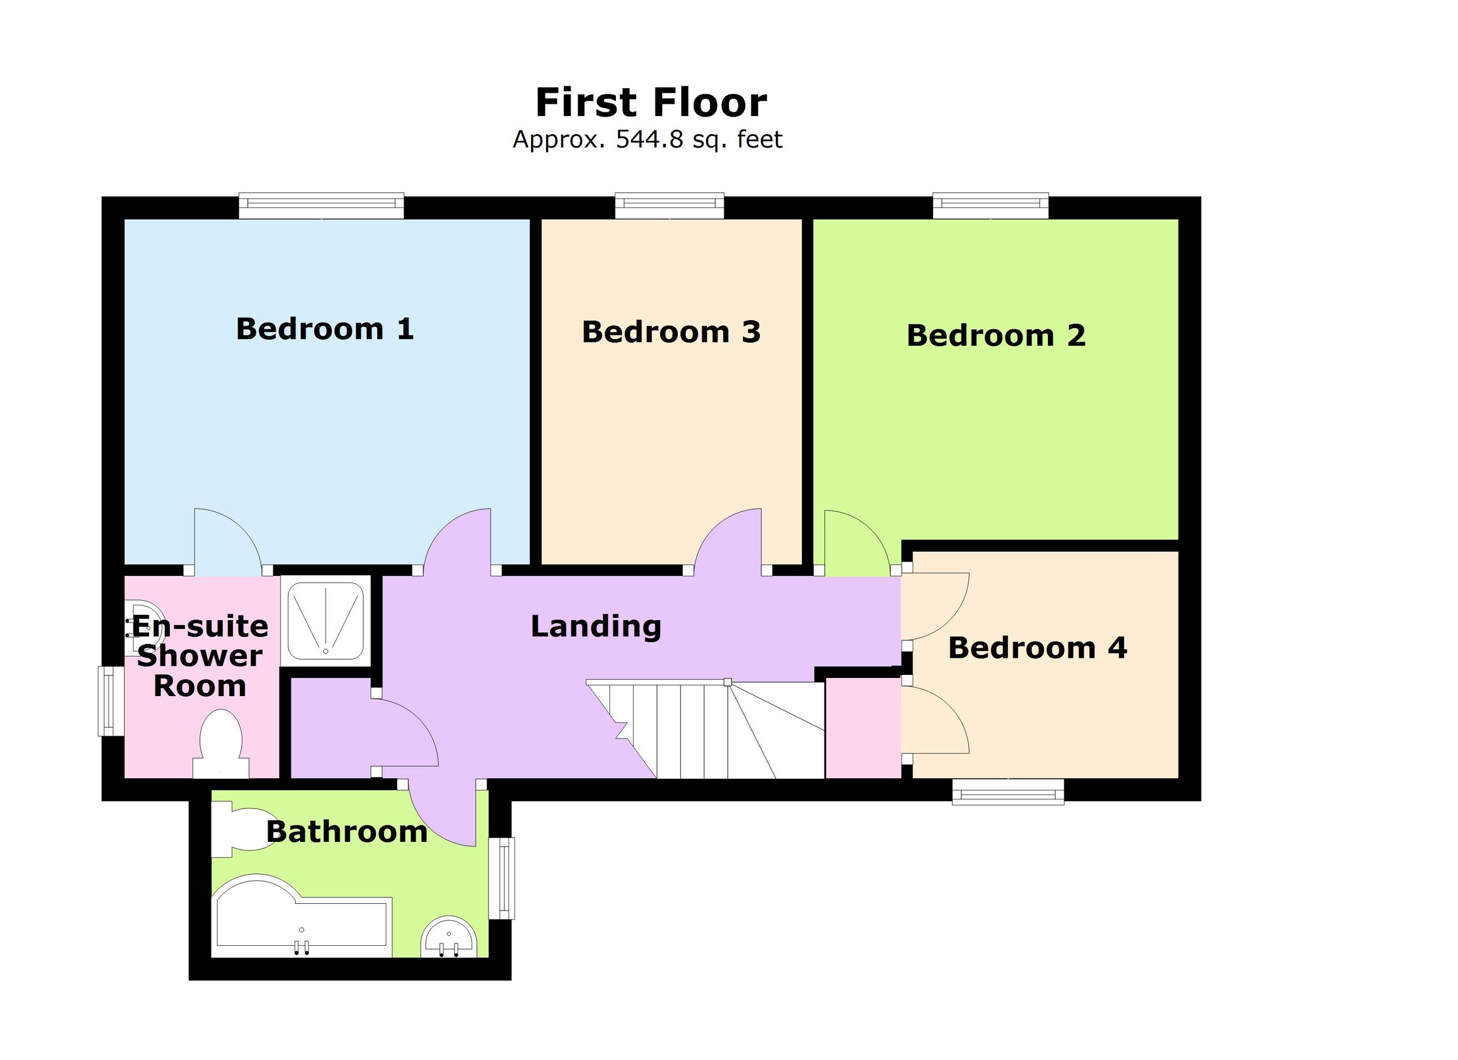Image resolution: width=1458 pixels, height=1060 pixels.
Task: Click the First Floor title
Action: tap(651, 103)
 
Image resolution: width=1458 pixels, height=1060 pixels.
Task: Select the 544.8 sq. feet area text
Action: tap(648, 140)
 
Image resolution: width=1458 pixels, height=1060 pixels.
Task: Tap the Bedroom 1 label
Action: tap(324, 329)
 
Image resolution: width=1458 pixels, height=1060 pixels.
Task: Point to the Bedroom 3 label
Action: tap(671, 332)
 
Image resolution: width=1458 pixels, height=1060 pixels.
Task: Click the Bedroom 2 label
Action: tap(996, 335)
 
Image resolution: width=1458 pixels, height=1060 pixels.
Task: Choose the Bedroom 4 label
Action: tap(1038, 648)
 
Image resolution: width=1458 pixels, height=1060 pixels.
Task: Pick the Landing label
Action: tap(596, 626)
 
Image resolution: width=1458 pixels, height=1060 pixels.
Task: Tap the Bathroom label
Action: tap(347, 832)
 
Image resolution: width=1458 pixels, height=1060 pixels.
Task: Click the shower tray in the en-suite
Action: tap(326, 621)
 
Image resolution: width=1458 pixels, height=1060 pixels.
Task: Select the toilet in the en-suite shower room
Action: tap(221, 744)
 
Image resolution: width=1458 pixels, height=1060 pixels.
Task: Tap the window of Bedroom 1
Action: tap(321, 206)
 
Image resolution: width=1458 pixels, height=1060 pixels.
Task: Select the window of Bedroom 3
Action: tap(669, 206)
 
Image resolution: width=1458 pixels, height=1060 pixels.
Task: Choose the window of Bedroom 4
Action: tap(1007, 792)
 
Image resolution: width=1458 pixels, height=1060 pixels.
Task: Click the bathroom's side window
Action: tap(502, 878)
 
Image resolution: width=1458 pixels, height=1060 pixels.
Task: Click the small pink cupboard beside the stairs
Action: tap(863, 728)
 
